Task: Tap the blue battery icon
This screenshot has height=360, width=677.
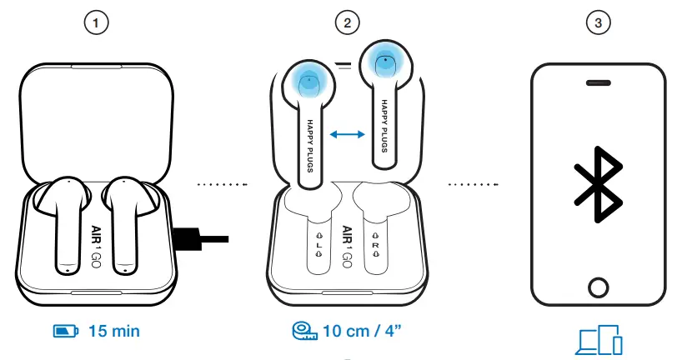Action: pos(65,332)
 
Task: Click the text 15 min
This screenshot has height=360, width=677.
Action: pos(113,332)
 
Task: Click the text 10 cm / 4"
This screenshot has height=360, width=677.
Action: pos(363,332)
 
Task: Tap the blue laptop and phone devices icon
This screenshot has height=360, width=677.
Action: pos(599,342)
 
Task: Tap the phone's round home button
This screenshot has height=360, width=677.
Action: pos(598,287)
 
